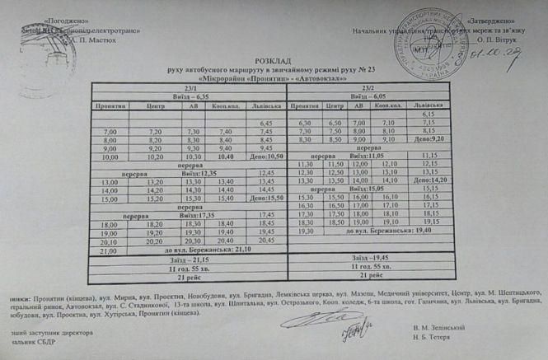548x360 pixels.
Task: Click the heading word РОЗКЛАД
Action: [271, 61]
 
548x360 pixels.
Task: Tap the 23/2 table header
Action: [367, 87]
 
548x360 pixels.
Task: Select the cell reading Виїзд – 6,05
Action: [368, 96]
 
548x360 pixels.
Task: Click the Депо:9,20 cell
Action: [428, 139]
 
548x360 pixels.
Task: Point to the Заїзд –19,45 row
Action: [368, 258]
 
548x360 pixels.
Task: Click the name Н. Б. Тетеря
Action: [433, 339]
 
